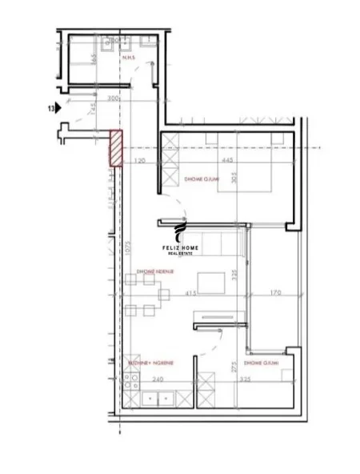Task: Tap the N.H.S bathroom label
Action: coord(127,58)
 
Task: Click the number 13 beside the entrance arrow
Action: coord(50,106)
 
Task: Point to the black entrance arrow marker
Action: coord(59,106)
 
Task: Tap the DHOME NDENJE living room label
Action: coord(155,271)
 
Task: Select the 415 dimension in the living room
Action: coord(191,293)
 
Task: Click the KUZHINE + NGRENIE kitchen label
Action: coord(150,363)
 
